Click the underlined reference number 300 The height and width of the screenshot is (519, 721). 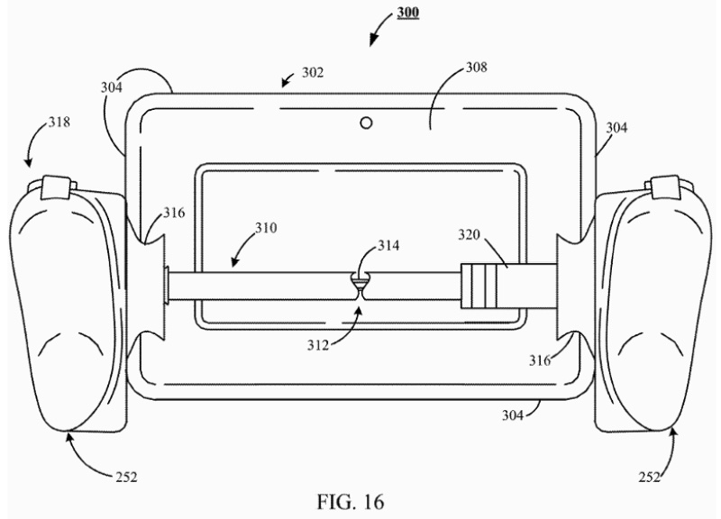(x=408, y=12)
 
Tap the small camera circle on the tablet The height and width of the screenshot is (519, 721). (x=366, y=123)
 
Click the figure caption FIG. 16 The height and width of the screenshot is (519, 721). (x=351, y=502)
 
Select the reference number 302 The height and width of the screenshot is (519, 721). (x=313, y=73)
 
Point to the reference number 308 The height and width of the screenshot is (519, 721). (x=477, y=67)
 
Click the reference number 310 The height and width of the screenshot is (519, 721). (x=266, y=228)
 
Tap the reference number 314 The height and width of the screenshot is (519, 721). (x=388, y=245)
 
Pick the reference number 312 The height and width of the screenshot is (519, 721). (x=319, y=345)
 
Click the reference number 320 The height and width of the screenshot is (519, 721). (x=469, y=234)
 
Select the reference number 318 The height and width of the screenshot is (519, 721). (x=59, y=122)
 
